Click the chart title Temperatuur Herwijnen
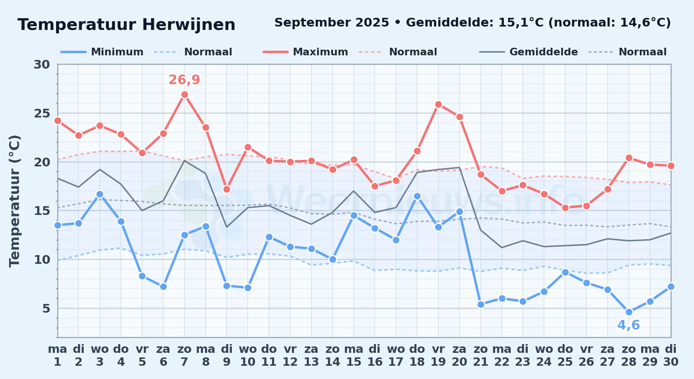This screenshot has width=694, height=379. (x=127, y=25)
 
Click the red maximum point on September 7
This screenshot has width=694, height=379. (x=184, y=95)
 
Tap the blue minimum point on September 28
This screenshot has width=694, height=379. (x=629, y=312)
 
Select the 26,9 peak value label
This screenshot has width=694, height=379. (x=184, y=80)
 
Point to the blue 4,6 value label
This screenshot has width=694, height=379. (x=629, y=325)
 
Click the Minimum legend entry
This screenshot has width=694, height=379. (x=102, y=52)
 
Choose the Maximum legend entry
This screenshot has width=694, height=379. (x=305, y=52)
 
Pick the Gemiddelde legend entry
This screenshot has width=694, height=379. (x=528, y=52)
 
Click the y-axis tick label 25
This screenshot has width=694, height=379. (x=42, y=113)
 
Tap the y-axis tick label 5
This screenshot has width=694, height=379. (x=46, y=309)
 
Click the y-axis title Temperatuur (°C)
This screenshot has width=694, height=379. (x=14, y=201)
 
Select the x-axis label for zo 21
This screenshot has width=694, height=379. (x=481, y=356)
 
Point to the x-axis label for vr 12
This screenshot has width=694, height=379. (x=290, y=356)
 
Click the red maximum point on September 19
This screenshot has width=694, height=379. (x=438, y=105)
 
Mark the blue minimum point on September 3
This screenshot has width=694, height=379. (x=100, y=194)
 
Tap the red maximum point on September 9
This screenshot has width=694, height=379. (x=227, y=189)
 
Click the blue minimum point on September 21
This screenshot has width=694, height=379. (x=481, y=304)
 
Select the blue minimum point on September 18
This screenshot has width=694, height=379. (x=417, y=196)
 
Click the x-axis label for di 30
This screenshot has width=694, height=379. (x=671, y=356)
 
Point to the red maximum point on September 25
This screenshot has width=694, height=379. (x=565, y=208)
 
